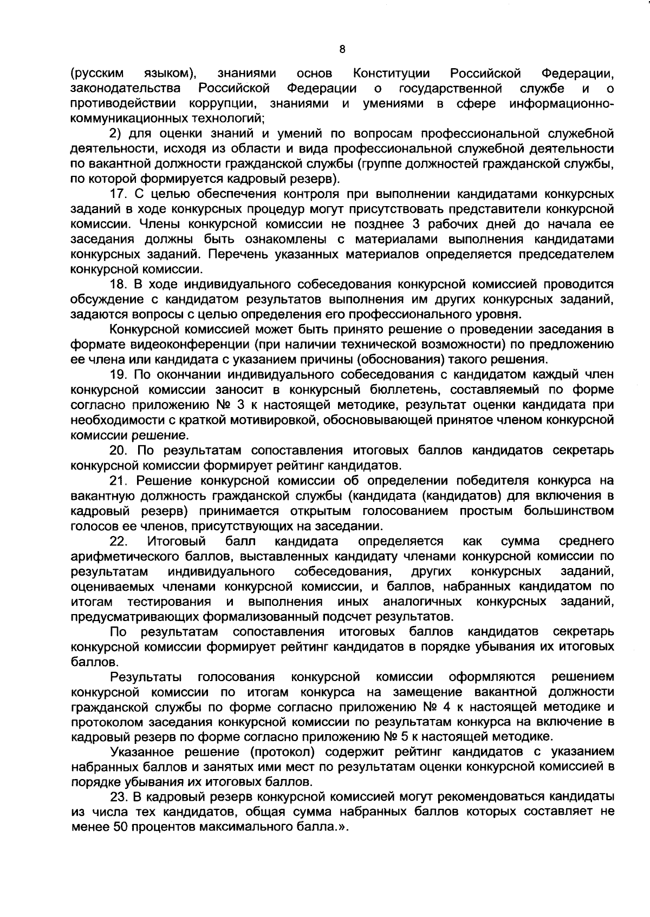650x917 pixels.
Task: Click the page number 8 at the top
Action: click(342, 50)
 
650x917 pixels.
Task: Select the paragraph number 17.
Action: click(118, 194)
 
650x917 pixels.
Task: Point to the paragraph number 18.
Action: click(118, 285)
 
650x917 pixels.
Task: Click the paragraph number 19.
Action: click(118, 375)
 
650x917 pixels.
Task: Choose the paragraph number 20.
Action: click(118, 450)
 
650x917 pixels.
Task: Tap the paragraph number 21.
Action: click(118, 480)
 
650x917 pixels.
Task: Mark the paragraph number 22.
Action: click(118, 541)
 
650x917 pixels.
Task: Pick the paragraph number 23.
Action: click(118, 796)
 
